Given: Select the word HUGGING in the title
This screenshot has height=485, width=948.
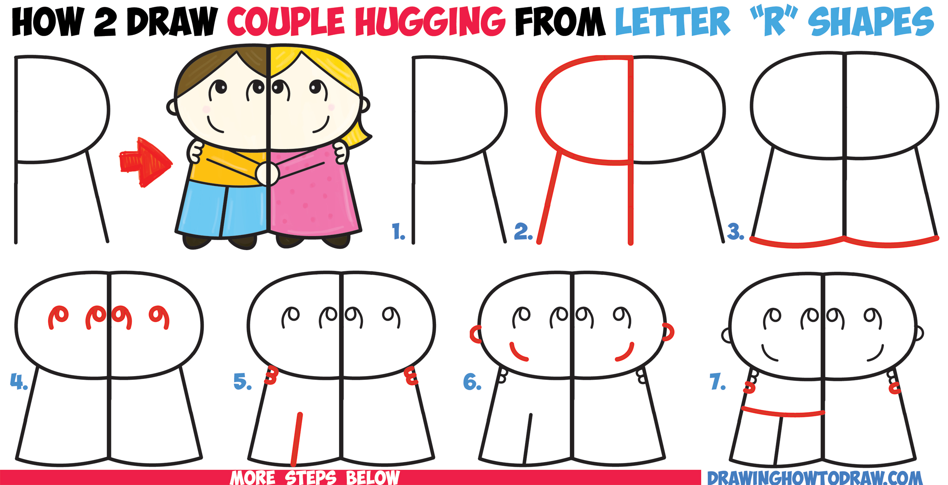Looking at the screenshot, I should (x=430, y=22).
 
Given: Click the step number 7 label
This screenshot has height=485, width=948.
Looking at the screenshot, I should (x=717, y=381).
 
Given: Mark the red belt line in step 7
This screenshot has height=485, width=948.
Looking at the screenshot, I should (x=783, y=412).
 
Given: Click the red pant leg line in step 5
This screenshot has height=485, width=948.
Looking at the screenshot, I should (x=297, y=438).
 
